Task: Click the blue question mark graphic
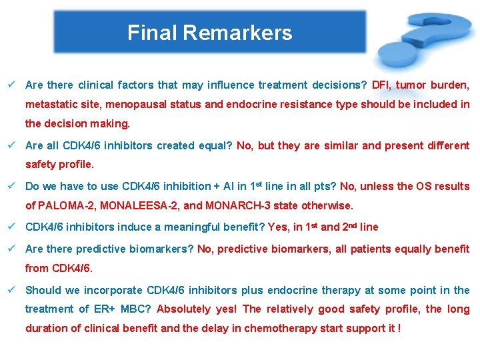(x=424, y=39)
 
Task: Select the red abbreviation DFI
(x=382, y=85)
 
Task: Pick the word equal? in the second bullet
(x=215, y=145)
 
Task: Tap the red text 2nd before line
(x=349, y=227)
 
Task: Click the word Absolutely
(x=184, y=309)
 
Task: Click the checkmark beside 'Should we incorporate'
(x=13, y=290)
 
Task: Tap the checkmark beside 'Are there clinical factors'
(x=13, y=85)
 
